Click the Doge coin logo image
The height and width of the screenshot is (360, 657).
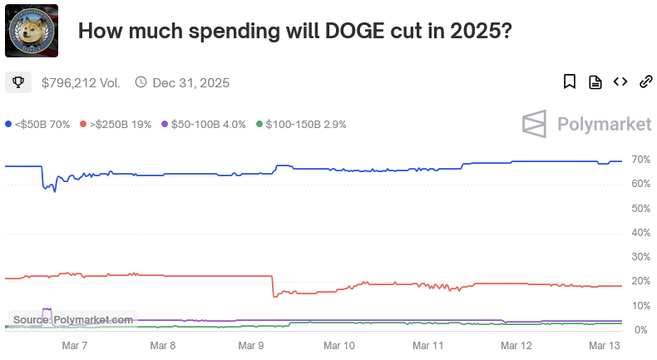(x=32, y=31)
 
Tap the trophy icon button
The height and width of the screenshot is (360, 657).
(x=18, y=82)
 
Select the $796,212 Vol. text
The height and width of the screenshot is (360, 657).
(x=81, y=82)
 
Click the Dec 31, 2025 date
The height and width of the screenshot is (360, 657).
(x=190, y=82)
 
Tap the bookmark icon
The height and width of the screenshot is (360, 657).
(x=570, y=81)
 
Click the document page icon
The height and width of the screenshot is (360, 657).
(x=595, y=81)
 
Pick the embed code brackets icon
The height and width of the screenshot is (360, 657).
(x=620, y=81)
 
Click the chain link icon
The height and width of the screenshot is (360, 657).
(x=645, y=81)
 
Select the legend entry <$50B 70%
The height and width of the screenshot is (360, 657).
(x=37, y=124)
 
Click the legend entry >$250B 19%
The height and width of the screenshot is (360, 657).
(x=116, y=124)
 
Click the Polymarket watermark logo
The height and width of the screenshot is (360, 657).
(x=586, y=124)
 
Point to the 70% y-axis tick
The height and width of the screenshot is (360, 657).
(x=640, y=159)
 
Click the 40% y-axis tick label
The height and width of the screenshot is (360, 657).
(x=640, y=233)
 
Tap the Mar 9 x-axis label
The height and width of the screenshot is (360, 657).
(x=251, y=344)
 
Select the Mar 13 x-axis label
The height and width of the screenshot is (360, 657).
(x=604, y=344)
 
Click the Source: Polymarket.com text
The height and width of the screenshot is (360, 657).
(x=73, y=319)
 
